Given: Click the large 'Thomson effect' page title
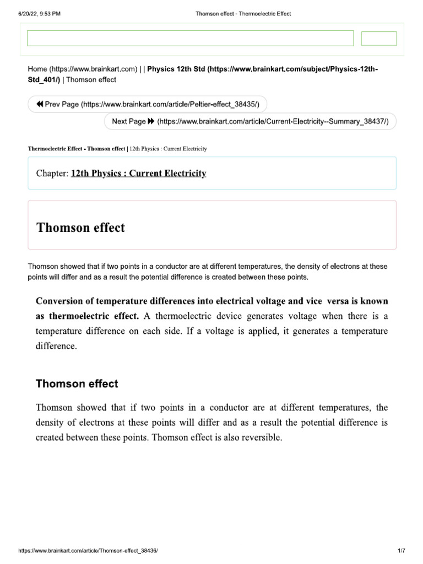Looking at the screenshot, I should tap(80, 227).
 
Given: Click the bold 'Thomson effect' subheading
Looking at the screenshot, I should tap(77, 383).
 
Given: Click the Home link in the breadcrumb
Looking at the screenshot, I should tap(82, 69).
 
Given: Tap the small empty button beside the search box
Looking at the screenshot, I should tap(378, 39).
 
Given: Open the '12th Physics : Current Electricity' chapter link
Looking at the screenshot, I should tap(139, 173).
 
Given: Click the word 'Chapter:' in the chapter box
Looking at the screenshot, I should tap(52, 173).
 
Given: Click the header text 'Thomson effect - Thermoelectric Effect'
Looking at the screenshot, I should tap(243, 13).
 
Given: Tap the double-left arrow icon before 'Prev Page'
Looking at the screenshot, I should tap(39, 104).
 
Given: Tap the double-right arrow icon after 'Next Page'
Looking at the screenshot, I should tap(151, 121).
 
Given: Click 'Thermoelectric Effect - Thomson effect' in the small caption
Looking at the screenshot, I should tap(77, 149).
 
